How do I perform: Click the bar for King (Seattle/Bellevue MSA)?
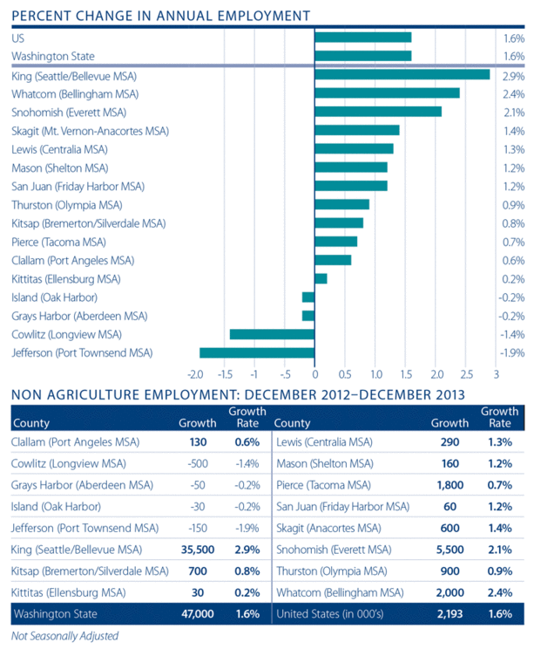(402, 75)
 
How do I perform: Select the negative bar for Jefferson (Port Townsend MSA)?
(257, 352)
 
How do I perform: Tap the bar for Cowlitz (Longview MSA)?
(272, 334)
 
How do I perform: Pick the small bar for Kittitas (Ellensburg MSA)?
(321, 278)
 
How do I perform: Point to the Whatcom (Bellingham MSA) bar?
(387, 93)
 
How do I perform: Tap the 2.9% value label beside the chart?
(514, 75)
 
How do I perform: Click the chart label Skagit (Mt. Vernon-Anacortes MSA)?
(91, 130)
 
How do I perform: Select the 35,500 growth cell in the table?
(197, 550)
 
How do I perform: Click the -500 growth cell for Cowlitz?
(199, 462)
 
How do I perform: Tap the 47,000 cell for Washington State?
(197, 614)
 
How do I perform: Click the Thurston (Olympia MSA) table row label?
(330, 571)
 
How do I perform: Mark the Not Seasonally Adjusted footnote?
(64, 636)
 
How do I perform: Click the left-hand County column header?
(31, 423)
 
